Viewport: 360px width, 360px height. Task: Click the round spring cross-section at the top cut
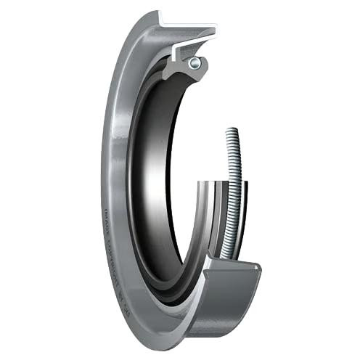pos(194,63)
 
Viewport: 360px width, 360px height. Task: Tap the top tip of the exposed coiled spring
pos(232,131)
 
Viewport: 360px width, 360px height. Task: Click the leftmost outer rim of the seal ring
pos(103,181)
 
